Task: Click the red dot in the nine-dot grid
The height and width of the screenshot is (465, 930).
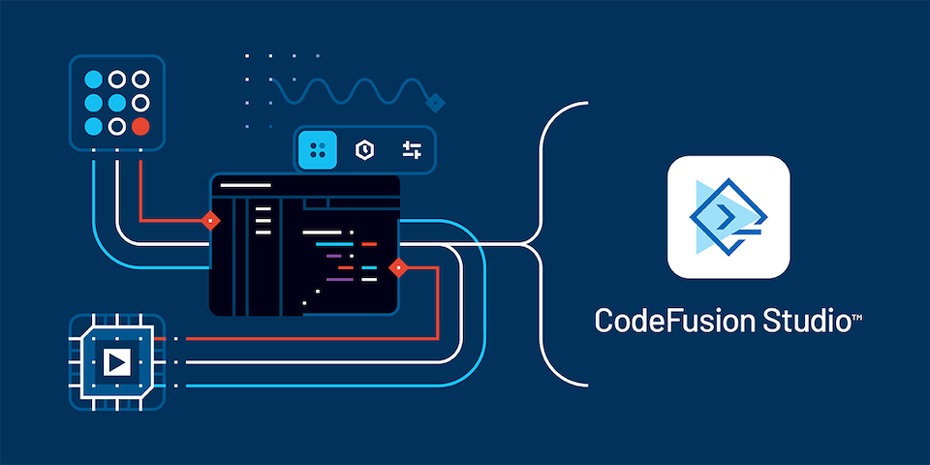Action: tap(140, 126)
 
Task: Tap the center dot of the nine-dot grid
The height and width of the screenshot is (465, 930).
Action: tap(117, 103)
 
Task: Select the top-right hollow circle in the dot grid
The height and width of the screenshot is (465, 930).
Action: tap(140, 78)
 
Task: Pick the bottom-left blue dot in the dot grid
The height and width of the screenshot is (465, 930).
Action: tap(93, 126)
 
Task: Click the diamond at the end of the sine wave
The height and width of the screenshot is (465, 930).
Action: tap(435, 104)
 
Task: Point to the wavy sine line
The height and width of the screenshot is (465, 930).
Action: tap(350, 91)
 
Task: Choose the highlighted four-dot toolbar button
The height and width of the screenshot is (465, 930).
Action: tap(318, 150)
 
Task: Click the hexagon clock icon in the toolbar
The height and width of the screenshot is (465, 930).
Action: tap(364, 150)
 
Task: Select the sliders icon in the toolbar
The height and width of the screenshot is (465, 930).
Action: tap(412, 150)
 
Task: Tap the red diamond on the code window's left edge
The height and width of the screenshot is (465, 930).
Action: tap(210, 221)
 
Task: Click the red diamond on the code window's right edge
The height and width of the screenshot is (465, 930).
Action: tap(398, 268)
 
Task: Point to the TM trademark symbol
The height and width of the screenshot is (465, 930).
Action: tap(857, 319)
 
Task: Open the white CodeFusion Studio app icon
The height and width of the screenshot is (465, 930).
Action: tap(728, 217)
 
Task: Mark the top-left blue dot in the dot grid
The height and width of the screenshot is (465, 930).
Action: tap(93, 78)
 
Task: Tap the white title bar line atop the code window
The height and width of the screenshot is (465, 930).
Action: tap(245, 186)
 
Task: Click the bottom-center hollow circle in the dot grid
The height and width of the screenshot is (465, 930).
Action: tap(117, 126)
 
